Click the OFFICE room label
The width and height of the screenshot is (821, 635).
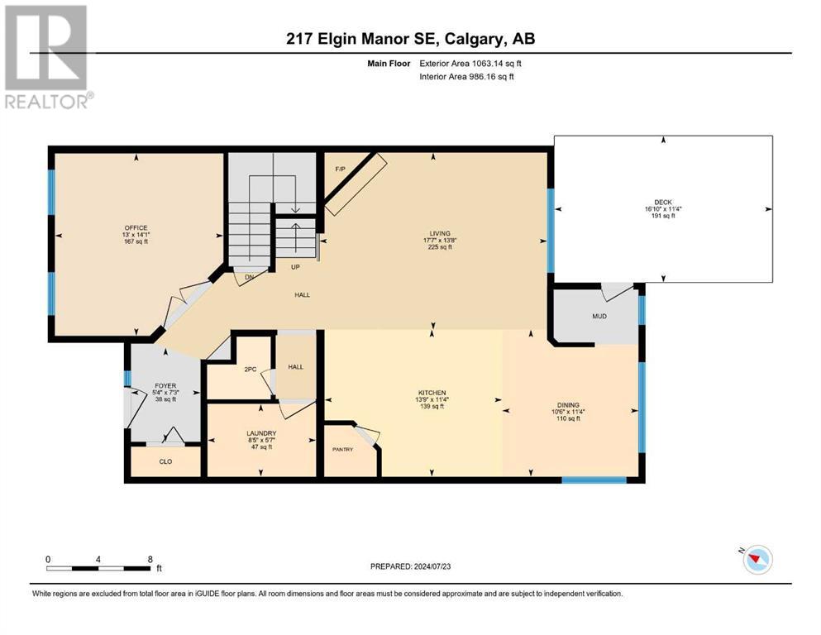[x=136, y=227]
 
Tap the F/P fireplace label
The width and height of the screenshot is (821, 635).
[x=341, y=169]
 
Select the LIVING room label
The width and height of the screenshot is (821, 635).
[x=440, y=233]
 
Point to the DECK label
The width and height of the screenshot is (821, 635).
[x=663, y=202]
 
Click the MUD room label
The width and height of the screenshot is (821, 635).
[x=599, y=316]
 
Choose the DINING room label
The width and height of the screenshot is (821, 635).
[x=568, y=404]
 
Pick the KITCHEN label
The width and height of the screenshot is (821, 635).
[x=432, y=393]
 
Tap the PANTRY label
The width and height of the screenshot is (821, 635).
[x=343, y=449]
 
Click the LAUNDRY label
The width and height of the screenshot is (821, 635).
[x=261, y=433]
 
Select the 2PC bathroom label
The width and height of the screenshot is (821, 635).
[x=251, y=369]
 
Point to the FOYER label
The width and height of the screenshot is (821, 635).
[x=165, y=386]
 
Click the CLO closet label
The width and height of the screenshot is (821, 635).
[x=165, y=461]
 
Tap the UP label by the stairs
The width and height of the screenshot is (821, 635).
[x=295, y=267]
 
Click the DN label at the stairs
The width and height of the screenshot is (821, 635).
[x=249, y=277]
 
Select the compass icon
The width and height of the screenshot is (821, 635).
[x=757, y=559]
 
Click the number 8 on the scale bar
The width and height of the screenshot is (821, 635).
[x=150, y=559]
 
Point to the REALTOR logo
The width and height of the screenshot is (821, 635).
[x=48, y=57]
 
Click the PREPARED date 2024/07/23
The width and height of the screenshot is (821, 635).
[x=432, y=566]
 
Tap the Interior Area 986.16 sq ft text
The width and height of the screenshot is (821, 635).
[x=466, y=76]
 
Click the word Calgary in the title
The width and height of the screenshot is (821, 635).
[x=475, y=39]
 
